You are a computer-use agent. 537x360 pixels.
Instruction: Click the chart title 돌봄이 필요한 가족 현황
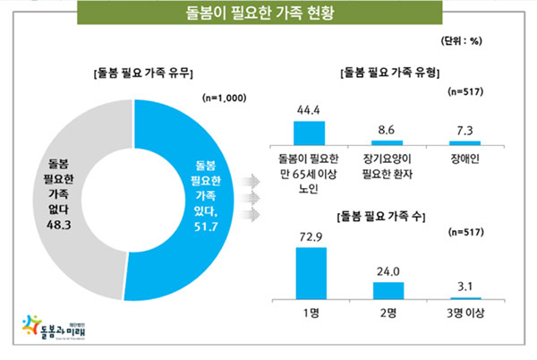[x=268, y=15]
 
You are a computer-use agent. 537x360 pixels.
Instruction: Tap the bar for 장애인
[x=465, y=142]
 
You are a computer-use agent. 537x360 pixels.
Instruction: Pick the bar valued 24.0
[x=388, y=290]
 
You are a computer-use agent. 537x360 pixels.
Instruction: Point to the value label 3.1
[x=465, y=287]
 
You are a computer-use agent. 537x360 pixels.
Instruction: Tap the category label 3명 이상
[x=465, y=314]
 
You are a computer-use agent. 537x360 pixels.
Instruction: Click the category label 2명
[x=388, y=314]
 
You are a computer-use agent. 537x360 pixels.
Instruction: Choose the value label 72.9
[x=310, y=237]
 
